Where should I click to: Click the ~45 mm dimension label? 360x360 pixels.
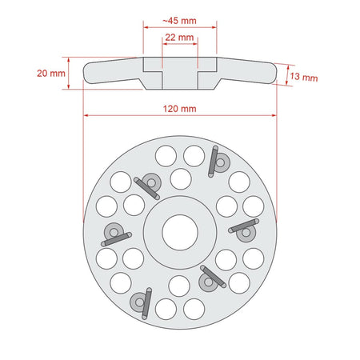pos(180,21)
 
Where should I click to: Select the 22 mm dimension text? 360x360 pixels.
pos(179,38)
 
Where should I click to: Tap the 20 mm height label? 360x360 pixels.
pos(51,74)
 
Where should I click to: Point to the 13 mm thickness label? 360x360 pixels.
pos(304,77)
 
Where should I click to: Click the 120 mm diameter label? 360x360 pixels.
pos(180,109)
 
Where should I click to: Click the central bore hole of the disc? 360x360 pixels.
pos(180,232)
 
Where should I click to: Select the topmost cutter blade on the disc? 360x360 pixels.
pos(213,162)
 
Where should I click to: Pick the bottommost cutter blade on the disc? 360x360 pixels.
pos(146,303)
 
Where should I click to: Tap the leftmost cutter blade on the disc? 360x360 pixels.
pos(117,239)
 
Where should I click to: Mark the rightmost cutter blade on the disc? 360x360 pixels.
pos(244,226)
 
